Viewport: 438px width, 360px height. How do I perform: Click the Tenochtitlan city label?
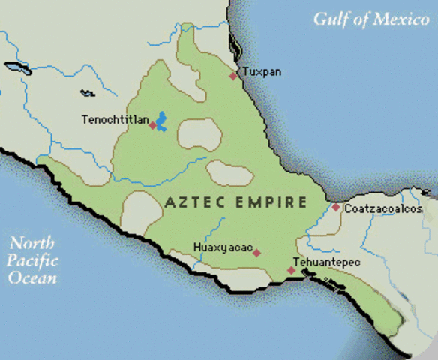click(x=116, y=119)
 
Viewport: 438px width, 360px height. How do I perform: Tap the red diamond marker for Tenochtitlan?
click(x=153, y=125)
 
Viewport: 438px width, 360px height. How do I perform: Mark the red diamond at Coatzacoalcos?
click(x=336, y=207)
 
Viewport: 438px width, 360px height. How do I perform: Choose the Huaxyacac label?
click(x=222, y=247)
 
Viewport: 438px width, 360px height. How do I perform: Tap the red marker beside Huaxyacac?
click(x=256, y=253)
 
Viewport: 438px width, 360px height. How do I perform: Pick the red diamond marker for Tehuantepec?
click(x=291, y=270)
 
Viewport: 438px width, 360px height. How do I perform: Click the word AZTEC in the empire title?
click(x=190, y=202)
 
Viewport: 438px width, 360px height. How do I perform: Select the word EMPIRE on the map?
click(x=268, y=202)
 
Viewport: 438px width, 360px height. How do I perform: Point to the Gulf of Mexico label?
click(x=370, y=19)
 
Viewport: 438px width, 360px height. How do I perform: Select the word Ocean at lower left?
click(x=31, y=277)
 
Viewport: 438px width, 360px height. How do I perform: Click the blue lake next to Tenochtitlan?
click(x=160, y=120)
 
